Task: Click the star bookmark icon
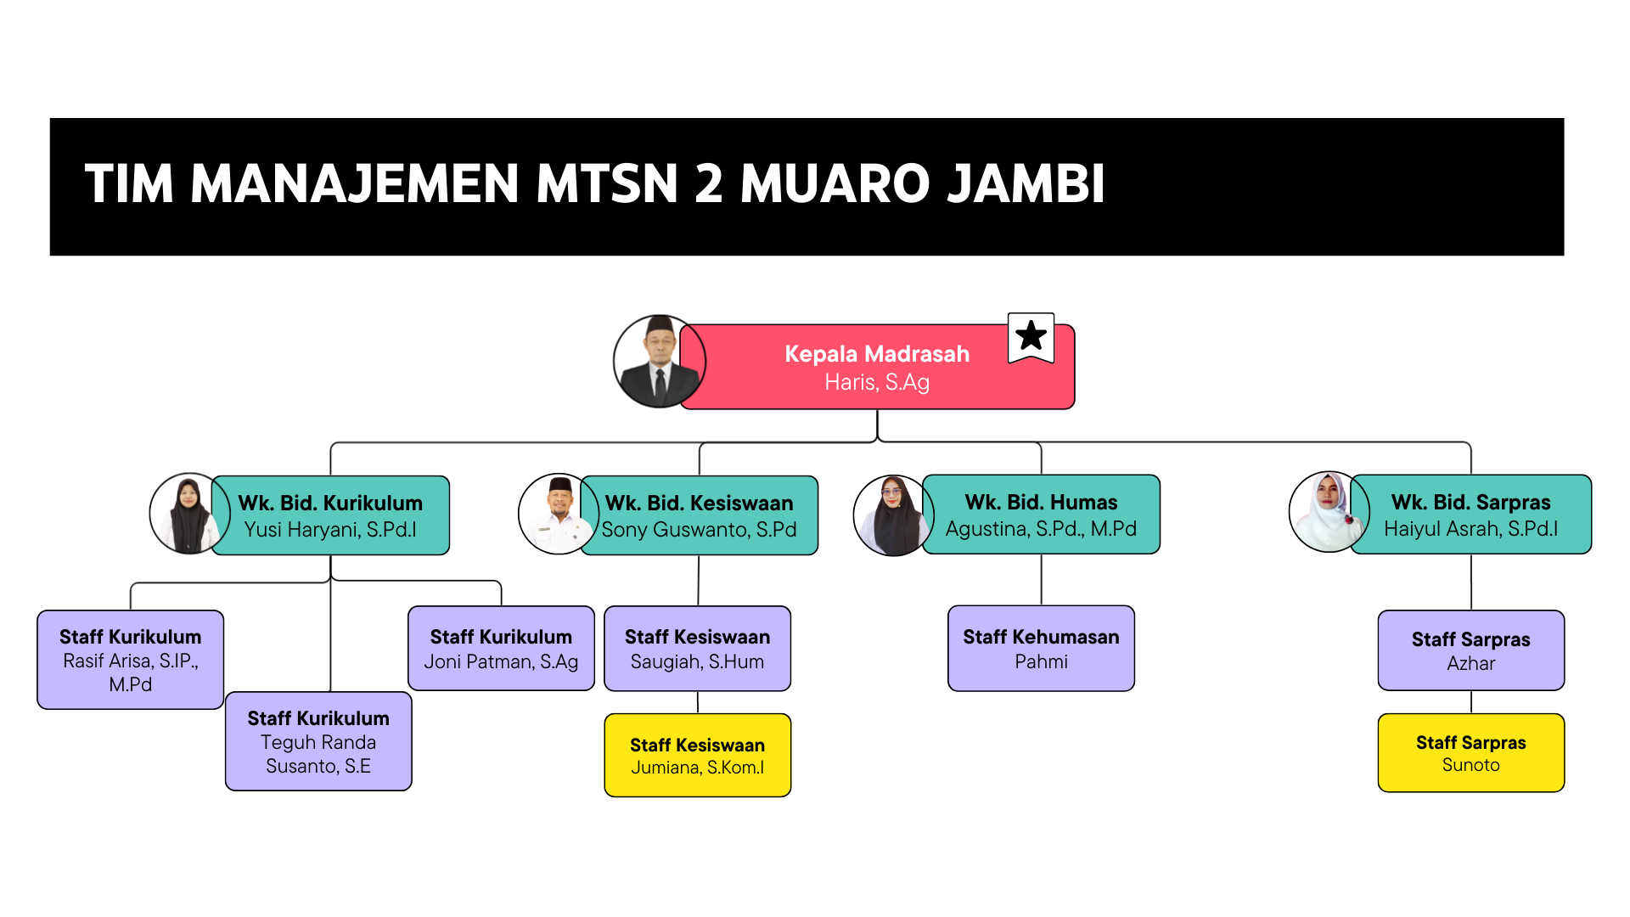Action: coord(1031,337)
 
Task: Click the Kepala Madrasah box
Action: coord(877,367)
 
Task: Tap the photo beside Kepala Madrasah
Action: coord(660,362)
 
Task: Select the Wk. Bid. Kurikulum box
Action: coord(330,515)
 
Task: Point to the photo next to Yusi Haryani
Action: coord(190,514)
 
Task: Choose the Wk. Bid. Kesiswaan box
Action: coord(699,515)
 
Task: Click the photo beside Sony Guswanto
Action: coord(559,514)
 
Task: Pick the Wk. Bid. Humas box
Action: coord(1041,515)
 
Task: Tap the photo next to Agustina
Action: coord(893,515)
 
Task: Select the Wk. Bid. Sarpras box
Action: coord(1470,515)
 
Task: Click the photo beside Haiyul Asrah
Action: coord(1329,512)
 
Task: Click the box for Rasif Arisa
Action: coord(131,660)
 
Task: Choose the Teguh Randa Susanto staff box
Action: coord(318,741)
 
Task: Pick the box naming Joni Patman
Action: coord(501,648)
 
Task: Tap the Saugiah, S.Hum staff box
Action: coord(698,648)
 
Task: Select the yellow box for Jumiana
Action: coord(698,755)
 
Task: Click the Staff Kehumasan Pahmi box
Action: coord(1041,648)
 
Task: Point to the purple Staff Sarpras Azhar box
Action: coord(1471,650)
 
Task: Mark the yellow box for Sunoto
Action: coord(1471,752)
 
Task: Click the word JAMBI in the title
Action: coord(1026,184)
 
